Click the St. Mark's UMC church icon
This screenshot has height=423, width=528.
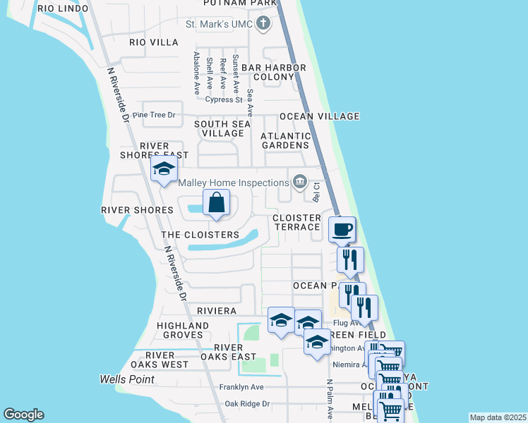[x=263, y=25]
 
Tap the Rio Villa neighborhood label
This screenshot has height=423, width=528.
[x=154, y=42]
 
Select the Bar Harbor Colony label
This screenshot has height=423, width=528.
[x=273, y=72]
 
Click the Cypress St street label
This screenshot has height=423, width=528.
[x=224, y=99]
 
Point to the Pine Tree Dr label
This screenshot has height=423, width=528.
[x=153, y=115]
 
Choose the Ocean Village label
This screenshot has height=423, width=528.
[x=320, y=116]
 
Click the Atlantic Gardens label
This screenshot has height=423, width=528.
[x=285, y=140]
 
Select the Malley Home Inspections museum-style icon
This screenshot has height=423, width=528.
[x=300, y=183]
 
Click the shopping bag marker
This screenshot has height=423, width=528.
[x=217, y=203]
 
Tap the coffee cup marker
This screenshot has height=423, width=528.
[x=342, y=229]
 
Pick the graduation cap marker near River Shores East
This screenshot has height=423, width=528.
[x=164, y=169]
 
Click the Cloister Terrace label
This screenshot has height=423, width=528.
[x=296, y=222]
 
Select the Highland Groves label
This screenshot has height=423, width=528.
[x=183, y=330]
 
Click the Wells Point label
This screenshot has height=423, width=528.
[x=127, y=379]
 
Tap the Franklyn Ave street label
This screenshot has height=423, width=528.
[x=241, y=387]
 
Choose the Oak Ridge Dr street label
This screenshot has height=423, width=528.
[x=247, y=404]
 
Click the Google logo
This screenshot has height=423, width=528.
[x=23, y=415]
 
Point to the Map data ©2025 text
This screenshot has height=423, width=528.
[x=497, y=417]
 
